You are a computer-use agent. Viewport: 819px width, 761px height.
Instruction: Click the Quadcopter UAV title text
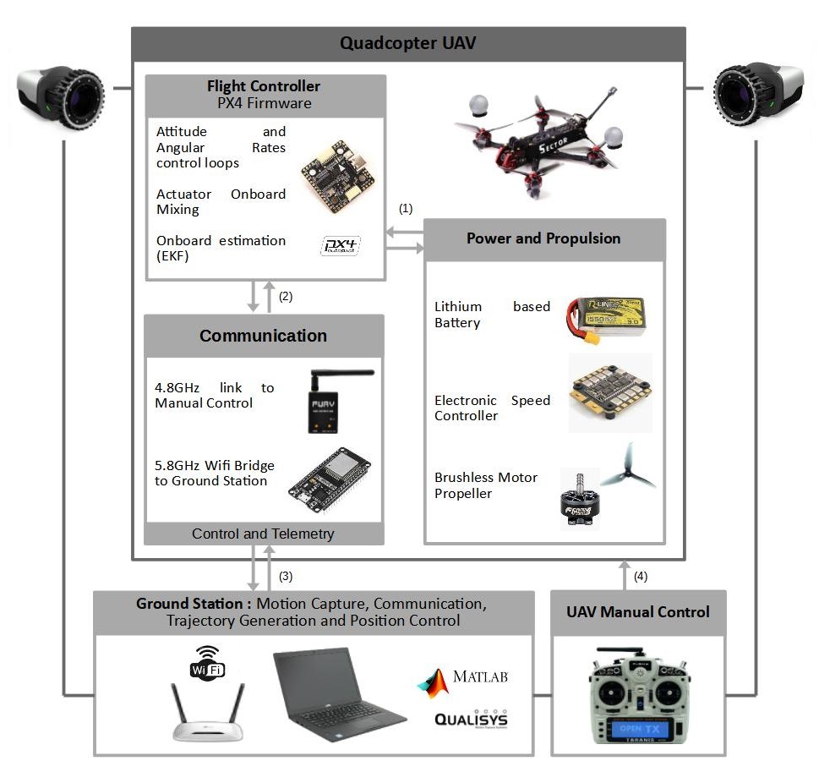(407, 43)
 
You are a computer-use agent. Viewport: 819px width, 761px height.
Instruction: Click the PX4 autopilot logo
(341, 246)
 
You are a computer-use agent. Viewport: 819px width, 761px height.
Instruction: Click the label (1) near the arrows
(406, 207)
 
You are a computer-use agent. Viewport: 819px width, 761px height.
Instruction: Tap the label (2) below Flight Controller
(286, 297)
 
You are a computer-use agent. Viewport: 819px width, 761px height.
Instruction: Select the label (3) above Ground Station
(286, 577)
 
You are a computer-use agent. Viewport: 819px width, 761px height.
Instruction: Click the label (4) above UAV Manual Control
(641, 577)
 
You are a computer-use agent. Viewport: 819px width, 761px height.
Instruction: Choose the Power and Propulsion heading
(543, 238)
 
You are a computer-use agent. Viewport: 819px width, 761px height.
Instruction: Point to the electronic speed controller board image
(609, 391)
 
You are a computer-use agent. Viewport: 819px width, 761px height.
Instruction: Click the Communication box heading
(263, 336)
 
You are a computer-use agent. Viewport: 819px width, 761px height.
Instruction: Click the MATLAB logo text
(479, 677)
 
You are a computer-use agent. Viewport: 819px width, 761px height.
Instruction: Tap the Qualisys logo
(471, 718)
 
